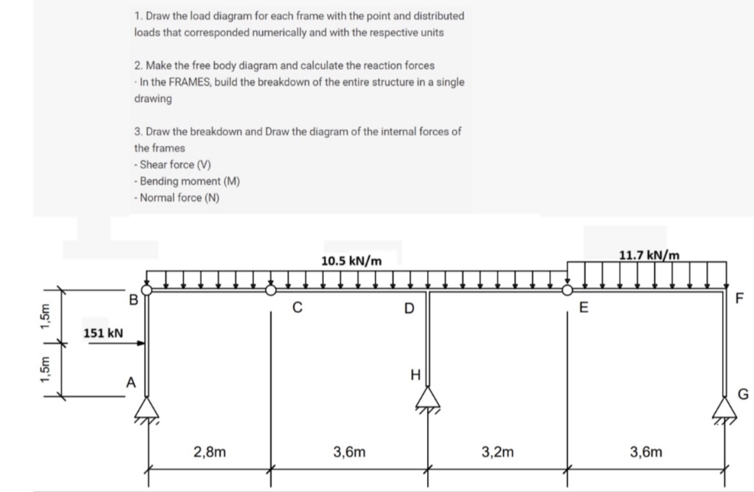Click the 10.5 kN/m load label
coord(351,260)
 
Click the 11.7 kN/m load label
coord(650,254)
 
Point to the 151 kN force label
coord(104,333)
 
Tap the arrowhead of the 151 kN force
coord(143,343)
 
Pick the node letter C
coord(299,308)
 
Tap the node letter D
coord(409,308)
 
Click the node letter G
coord(744,393)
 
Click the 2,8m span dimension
coord(209,452)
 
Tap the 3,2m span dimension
coord(498,452)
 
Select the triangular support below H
coord(429,398)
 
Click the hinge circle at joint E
coord(566,289)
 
